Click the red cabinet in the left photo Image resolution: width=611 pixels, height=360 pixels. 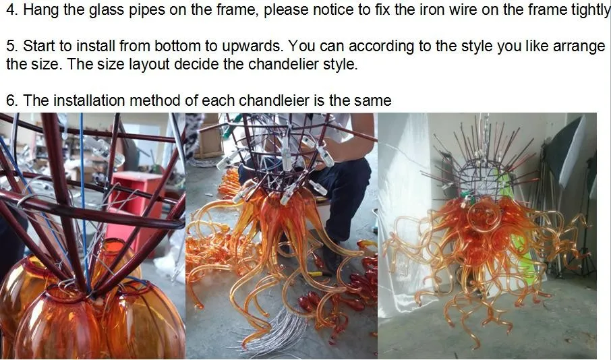click(x=136, y=206)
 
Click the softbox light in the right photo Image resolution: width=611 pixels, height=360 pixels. click(x=564, y=156)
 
